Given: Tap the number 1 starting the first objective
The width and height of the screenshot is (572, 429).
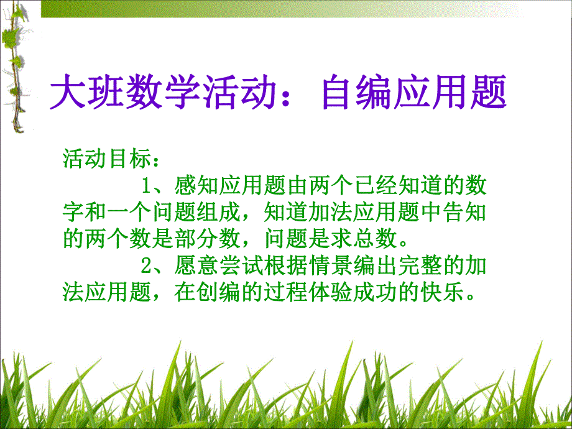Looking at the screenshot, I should [x=148, y=185].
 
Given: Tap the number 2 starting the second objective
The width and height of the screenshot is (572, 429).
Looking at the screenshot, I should [x=148, y=266].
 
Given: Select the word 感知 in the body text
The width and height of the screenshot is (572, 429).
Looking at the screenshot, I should [x=195, y=185].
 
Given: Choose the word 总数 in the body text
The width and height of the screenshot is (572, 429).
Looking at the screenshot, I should [x=380, y=239].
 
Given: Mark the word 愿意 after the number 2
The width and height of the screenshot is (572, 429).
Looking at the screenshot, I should [x=195, y=266].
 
